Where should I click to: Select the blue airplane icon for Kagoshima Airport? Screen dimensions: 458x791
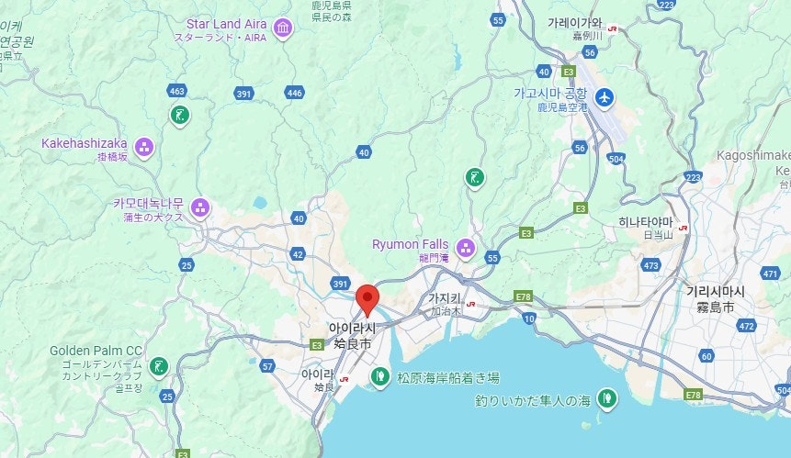604,97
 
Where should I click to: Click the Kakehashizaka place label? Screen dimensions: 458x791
84,143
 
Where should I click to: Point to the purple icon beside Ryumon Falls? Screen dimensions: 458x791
466,247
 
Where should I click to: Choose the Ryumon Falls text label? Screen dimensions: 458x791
410,244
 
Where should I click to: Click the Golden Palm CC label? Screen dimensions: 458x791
96,351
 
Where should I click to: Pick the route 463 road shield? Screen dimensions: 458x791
177,91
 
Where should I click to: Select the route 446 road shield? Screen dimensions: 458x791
294,93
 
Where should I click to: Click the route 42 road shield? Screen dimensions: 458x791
298,253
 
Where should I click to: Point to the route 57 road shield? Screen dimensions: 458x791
267,366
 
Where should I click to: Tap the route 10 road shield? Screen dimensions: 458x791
528,318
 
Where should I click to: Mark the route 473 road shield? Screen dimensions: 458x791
651,266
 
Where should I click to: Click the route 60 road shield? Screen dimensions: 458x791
706,355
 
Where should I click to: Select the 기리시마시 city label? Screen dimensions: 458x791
716,291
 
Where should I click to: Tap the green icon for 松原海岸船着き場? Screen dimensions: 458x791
379,375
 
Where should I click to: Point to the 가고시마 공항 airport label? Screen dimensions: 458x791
549,94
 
